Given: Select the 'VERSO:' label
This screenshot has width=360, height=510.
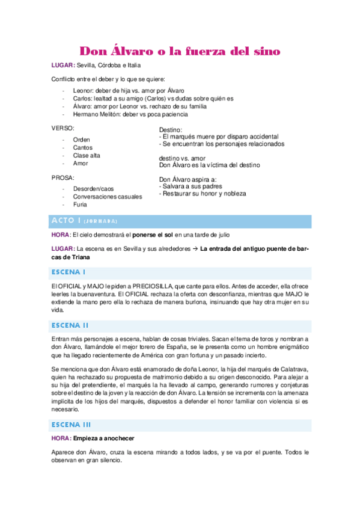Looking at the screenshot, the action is [x=63, y=128].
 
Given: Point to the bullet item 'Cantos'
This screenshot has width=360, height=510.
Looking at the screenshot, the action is [x=83, y=147].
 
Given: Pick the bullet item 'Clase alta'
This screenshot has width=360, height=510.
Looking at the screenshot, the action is [x=88, y=155].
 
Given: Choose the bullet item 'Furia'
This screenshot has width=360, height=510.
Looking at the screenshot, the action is [x=80, y=204].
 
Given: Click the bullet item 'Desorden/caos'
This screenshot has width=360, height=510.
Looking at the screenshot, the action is [x=93, y=189].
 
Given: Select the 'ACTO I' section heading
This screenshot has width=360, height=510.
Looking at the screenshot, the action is [x=67, y=221].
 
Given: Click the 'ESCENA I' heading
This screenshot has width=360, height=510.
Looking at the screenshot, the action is [x=69, y=272].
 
